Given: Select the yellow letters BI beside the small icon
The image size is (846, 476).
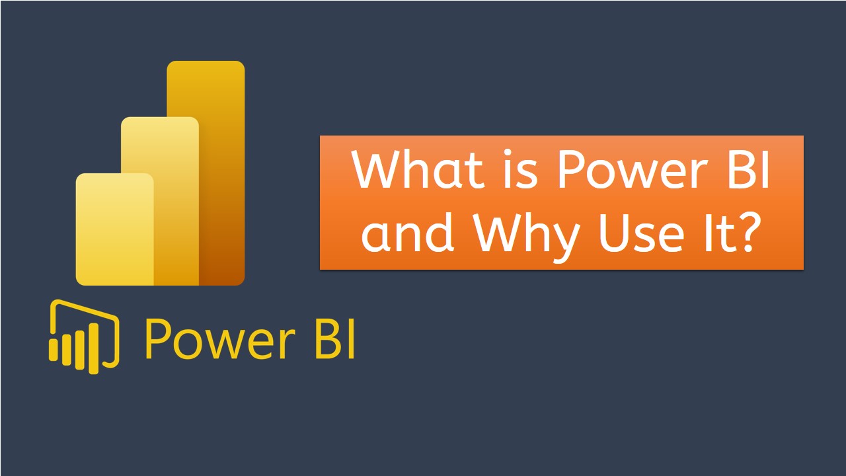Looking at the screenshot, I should [x=333, y=339].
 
